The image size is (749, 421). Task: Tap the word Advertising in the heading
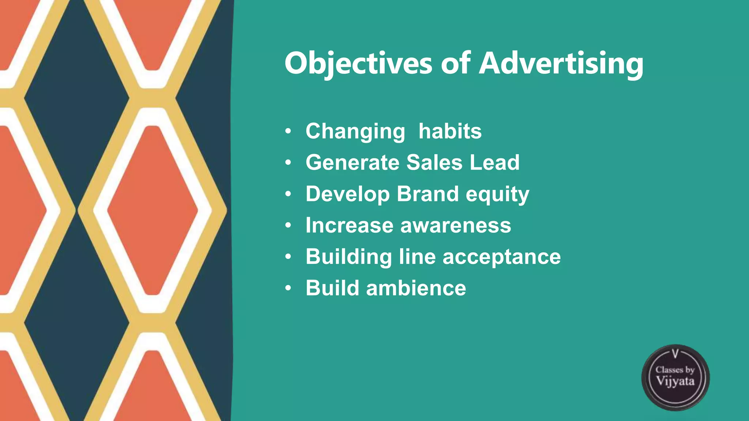(x=561, y=64)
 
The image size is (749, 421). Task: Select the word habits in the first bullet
(x=450, y=131)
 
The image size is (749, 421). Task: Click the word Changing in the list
(x=355, y=131)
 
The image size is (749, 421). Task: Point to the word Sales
(x=434, y=162)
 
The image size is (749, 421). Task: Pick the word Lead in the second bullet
(x=494, y=162)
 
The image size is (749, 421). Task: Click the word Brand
(x=428, y=194)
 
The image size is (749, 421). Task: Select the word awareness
(x=456, y=225)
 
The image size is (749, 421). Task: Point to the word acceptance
(x=501, y=257)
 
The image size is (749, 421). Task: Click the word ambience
(x=416, y=288)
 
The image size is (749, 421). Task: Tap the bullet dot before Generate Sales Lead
(x=288, y=163)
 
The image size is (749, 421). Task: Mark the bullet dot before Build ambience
(x=288, y=288)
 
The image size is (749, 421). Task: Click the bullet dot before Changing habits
(x=288, y=131)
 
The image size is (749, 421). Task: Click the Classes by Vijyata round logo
(x=675, y=377)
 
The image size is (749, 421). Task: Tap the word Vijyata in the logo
(x=675, y=382)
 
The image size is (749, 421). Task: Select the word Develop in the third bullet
(x=347, y=194)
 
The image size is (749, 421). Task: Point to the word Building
(x=349, y=257)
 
